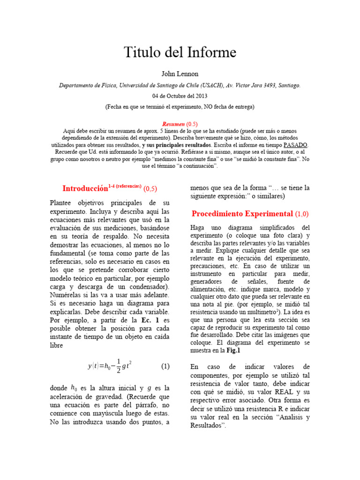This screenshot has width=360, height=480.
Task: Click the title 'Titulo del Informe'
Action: click(180, 52)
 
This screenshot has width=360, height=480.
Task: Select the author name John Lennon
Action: click(180, 74)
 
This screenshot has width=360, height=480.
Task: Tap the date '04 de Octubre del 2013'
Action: click(180, 96)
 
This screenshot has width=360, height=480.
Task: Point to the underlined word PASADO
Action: click(294, 145)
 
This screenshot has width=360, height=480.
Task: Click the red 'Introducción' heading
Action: click(85, 188)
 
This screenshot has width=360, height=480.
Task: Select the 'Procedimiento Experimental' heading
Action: click(242, 214)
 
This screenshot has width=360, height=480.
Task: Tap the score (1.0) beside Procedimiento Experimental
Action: click(302, 214)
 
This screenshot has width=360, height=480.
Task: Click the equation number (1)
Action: click(165, 367)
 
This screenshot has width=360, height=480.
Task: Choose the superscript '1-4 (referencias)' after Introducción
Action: click(125, 186)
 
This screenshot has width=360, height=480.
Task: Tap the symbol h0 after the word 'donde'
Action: click(74, 388)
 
